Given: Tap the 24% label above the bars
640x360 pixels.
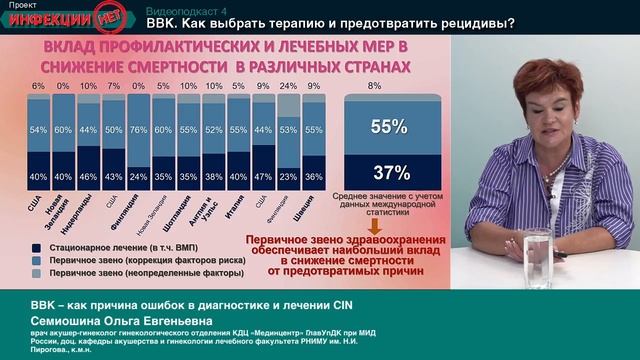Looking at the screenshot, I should click(286, 86).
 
